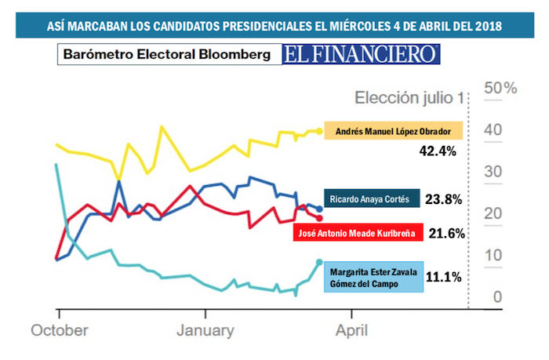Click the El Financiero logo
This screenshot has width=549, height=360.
362,54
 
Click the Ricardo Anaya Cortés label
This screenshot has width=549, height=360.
371,199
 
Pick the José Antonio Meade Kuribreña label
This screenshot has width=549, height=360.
358,233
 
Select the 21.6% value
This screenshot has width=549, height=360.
448,233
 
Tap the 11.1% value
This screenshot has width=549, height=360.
443,276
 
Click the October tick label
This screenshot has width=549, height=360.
60,330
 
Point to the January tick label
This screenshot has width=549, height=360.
204,330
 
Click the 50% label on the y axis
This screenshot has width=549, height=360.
500,88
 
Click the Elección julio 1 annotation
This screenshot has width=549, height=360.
409,98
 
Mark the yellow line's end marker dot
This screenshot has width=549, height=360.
319,131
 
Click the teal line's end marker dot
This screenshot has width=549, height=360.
318,263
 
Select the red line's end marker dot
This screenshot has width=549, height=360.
319,218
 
